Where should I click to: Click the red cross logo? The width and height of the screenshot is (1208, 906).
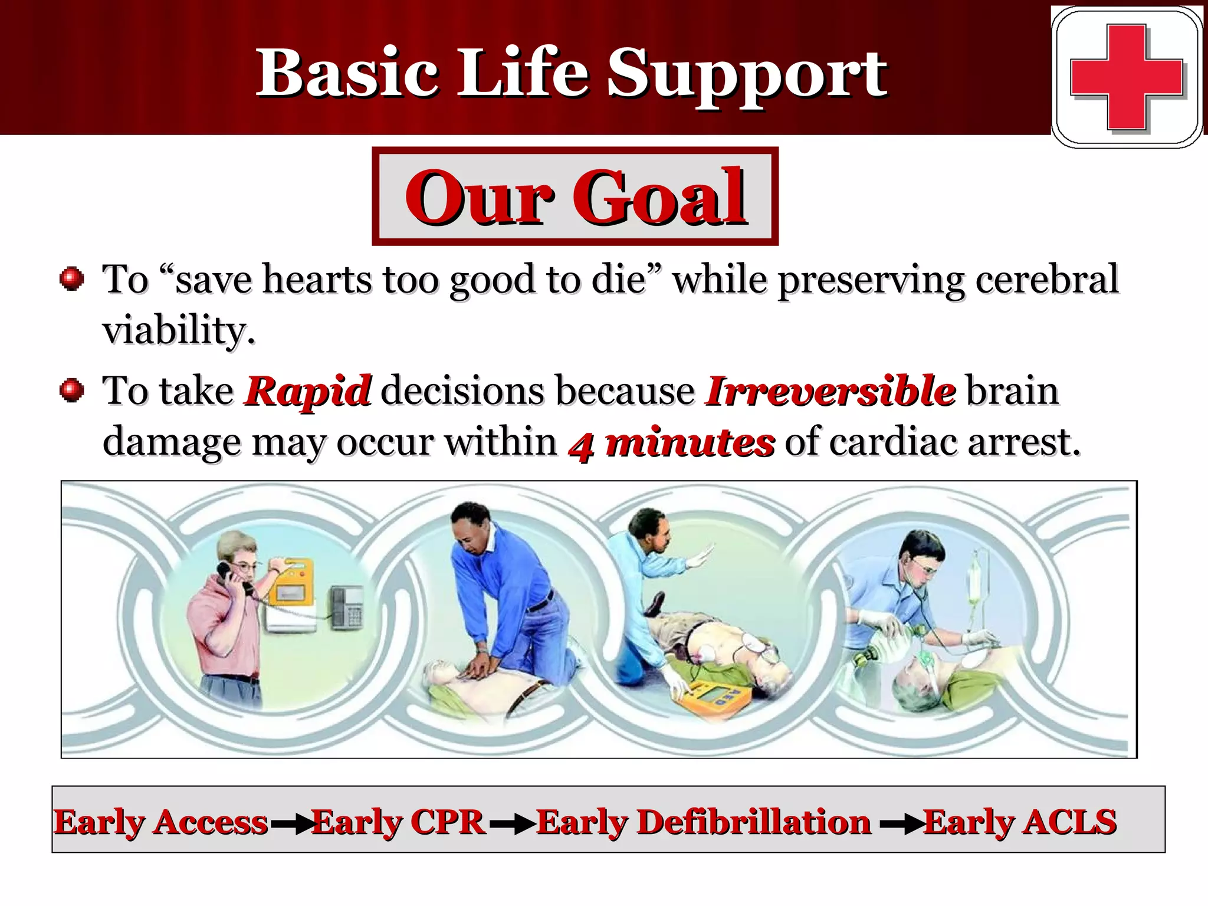point(1126,77)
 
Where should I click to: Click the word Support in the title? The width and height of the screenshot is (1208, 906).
point(747,74)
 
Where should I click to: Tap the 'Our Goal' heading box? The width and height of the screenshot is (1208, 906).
point(575,196)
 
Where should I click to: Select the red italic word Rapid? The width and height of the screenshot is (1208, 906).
point(307,390)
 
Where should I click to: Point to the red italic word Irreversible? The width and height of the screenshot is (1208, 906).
point(830,390)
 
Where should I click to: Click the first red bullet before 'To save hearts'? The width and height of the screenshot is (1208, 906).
point(72,278)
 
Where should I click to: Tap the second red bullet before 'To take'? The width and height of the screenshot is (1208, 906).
point(72,390)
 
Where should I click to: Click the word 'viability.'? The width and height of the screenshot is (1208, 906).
point(179,330)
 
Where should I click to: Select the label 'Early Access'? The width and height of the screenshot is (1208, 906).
point(161,822)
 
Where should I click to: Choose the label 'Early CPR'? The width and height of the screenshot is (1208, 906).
point(398,822)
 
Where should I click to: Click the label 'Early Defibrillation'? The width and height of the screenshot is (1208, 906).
point(704,822)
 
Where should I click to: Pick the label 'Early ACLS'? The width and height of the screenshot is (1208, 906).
point(1019,822)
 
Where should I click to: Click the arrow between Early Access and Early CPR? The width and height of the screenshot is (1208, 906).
point(291,825)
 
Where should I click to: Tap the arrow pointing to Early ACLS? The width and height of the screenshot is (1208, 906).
point(901,825)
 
